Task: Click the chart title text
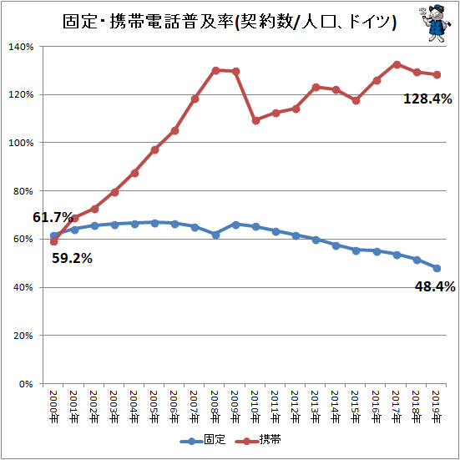[x=230, y=22]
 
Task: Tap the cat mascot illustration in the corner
[x=435, y=23]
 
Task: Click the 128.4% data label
[x=427, y=99]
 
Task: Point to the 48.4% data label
[x=435, y=286]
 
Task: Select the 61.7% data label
[x=53, y=217]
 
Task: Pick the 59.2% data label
[x=72, y=258]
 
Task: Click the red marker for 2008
[x=215, y=70]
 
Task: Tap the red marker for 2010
[x=255, y=120]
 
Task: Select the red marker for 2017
[x=397, y=65]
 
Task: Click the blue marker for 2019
[x=437, y=268]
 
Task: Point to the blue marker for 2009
[x=235, y=225]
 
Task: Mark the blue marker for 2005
[x=155, y=223]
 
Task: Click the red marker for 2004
[x=135, y=173]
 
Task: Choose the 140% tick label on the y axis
[x=21, y=47]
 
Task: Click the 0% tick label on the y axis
[x=26, y=384]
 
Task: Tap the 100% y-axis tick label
[x=21, y=143]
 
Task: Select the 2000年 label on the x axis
[x=54, y=407]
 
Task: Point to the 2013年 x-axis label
[x=316, y=407]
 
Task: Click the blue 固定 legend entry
[x=203, y=439]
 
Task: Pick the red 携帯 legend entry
[x=258, y=439]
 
